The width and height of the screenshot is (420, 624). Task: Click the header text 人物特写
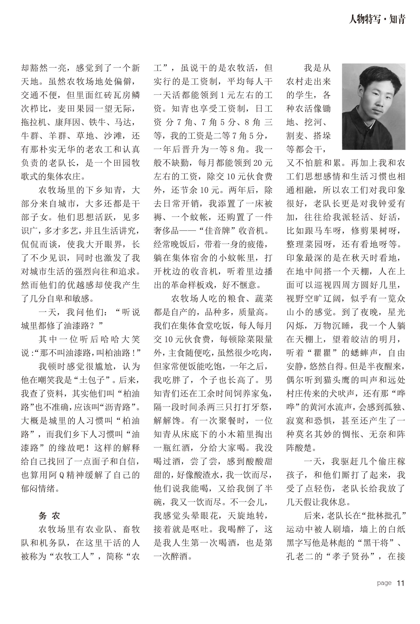365,19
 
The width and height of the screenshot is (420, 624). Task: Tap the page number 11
400,583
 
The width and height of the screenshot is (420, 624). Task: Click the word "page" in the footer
384,583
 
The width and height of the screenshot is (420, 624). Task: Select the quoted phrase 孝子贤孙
354,556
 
